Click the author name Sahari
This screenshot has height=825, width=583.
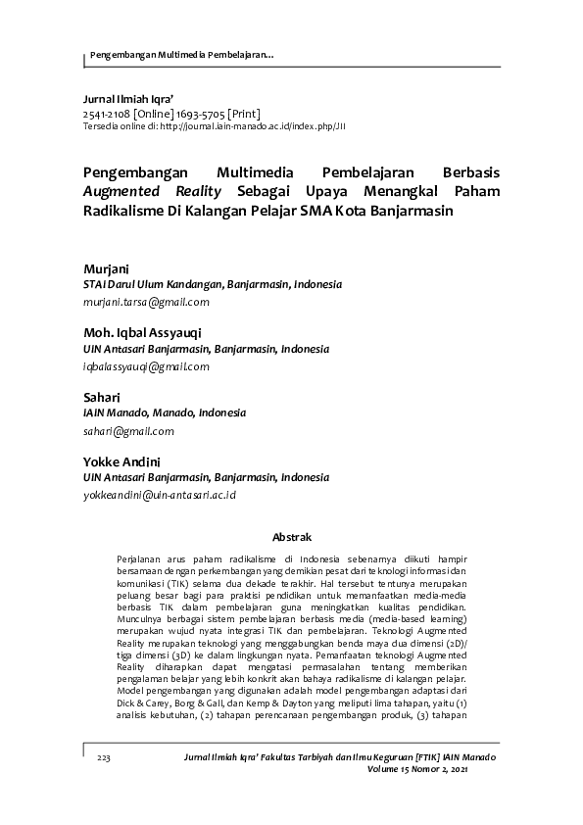(x=102, y=397)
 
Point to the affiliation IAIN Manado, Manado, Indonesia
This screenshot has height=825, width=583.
(x=165, y=413)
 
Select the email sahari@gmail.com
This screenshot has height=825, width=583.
(x=128, y=431)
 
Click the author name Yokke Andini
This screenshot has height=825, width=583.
(x=122, y=461)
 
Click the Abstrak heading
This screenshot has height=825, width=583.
(x=291, y=537)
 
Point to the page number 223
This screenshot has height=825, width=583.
(x=104, y=758)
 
